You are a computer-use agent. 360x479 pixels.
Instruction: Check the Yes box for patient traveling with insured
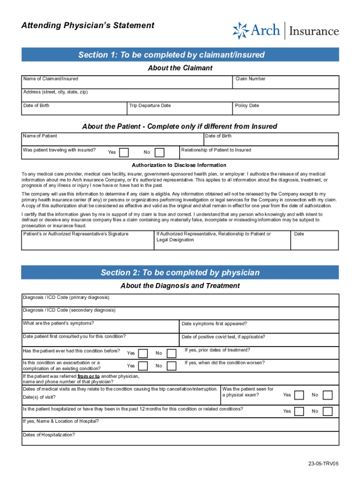click(x=124, y=152)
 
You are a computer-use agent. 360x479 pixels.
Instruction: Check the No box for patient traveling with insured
click(x=159, y=152)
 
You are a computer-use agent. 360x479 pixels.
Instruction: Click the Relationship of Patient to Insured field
click(x=259, y=155)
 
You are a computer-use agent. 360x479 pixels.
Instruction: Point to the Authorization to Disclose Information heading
click(x=179, y=165)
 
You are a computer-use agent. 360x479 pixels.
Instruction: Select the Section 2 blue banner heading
click(x=180, y=273)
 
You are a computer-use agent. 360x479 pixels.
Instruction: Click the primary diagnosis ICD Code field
click(x=180, y=300)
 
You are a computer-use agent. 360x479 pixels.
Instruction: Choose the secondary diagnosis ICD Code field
click(x=180, y=313)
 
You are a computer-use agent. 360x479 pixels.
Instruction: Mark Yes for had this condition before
click(x=143, y=353)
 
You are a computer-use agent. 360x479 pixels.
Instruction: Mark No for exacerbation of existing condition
click(x=172, y=366)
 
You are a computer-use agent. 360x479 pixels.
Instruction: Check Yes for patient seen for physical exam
click(x=299, y=395)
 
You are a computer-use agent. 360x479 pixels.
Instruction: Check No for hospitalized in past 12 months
click(x=328, y=411)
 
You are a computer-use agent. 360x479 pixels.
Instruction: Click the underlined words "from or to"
click(x=88, y=376)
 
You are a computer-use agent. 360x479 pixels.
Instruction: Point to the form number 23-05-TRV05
click(x=323, y=464)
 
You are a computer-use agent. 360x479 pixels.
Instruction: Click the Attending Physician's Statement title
click(x=87, y=26)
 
